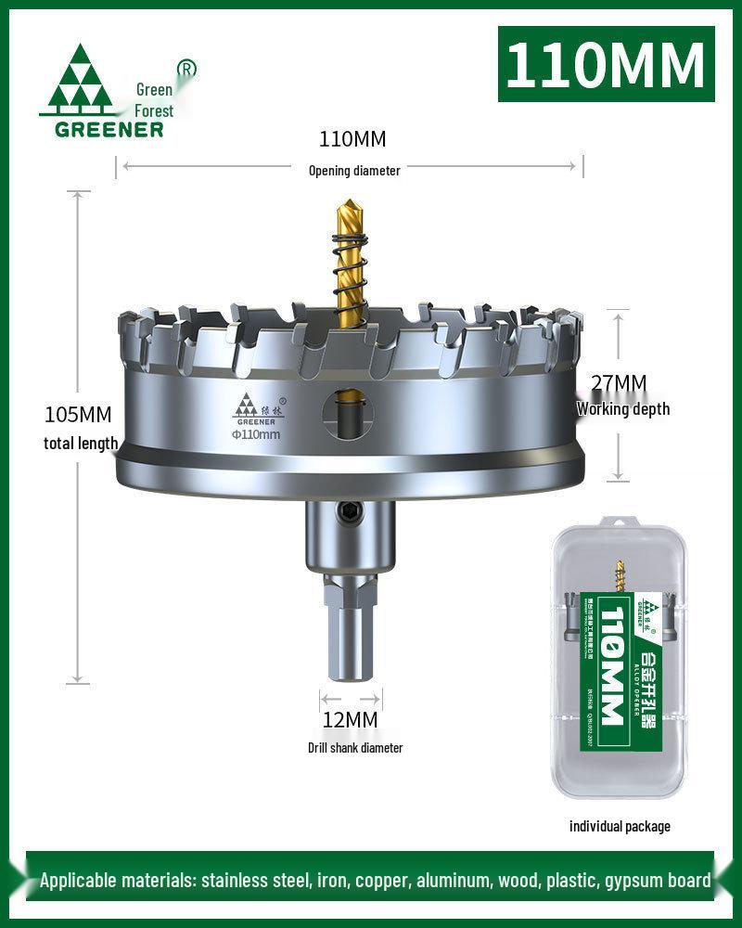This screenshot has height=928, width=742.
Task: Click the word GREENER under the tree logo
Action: pos(109,128)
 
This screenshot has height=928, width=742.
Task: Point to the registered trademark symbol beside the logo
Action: pos(186,69)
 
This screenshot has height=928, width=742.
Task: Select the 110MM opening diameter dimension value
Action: pos(352,140)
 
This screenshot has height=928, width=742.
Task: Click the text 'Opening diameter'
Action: pos(354,171)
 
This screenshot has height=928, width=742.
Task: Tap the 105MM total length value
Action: pos(78,414)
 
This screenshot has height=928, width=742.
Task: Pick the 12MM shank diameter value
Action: pos(350,719)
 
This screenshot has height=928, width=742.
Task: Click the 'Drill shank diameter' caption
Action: pos(355,748)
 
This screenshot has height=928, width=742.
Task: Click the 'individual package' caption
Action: pos(619,826)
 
